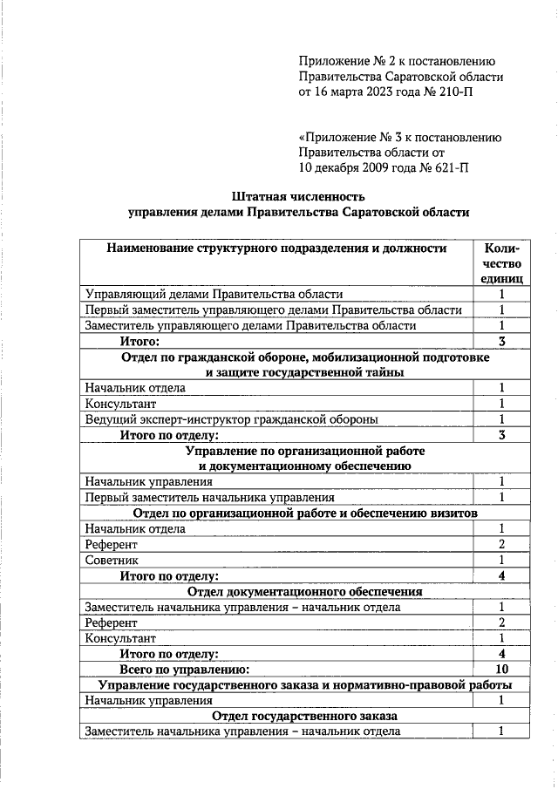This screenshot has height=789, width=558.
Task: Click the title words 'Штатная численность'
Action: (297, 195)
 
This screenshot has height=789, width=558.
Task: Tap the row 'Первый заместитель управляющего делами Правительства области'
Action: (273, 309)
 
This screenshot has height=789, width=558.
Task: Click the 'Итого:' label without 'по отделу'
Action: (139, 340)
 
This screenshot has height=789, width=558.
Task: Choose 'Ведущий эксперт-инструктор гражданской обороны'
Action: (231, 418)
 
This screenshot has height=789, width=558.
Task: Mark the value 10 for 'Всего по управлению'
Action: (501, 669)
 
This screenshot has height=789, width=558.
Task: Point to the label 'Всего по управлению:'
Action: (184, 669)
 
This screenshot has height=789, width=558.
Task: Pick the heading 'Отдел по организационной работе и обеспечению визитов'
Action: (305, 514)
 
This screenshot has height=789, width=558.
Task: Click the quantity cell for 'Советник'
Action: (501, 560)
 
